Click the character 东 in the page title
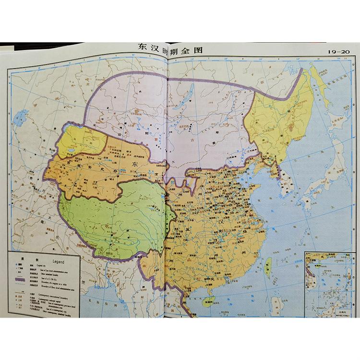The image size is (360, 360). [143, 50]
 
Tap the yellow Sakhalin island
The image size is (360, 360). [321, 86]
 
